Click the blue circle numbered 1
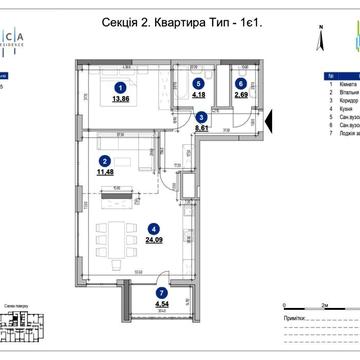(121, 87)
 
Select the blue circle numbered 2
(103, 160)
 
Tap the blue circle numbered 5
(198, 84)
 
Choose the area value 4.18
(198, 97)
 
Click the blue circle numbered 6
(240, 84)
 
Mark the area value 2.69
(240, 97)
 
